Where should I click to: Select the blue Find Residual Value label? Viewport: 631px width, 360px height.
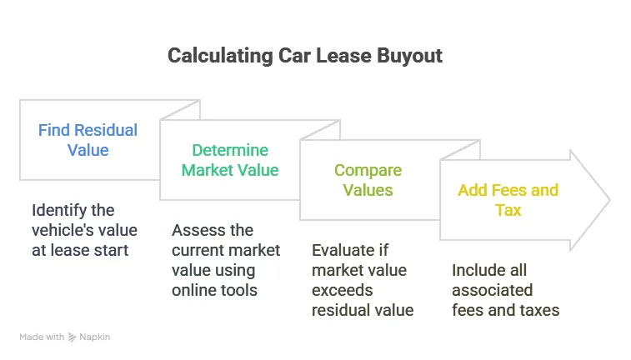point(88,140)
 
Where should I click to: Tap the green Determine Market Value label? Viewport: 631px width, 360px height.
point(230,160)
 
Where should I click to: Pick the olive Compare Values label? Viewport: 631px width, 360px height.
point(368,180)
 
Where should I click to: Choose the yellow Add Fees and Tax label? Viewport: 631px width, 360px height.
point(508,200)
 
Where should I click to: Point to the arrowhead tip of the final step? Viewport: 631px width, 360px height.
point(609,200)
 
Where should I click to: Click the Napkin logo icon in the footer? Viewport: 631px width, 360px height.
point(73,337)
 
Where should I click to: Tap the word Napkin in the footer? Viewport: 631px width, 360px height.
point(94,337)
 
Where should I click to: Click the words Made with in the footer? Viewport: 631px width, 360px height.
point(42,337)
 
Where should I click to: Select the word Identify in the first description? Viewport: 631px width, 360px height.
point(61,210)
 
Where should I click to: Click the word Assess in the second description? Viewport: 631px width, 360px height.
point(197,230)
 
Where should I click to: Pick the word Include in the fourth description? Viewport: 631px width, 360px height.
point(478,270)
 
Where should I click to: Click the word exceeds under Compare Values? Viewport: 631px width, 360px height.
point(343,290)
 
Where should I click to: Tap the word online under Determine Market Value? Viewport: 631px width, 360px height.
point(194,290)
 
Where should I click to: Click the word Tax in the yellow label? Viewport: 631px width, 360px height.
point(508,210)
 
